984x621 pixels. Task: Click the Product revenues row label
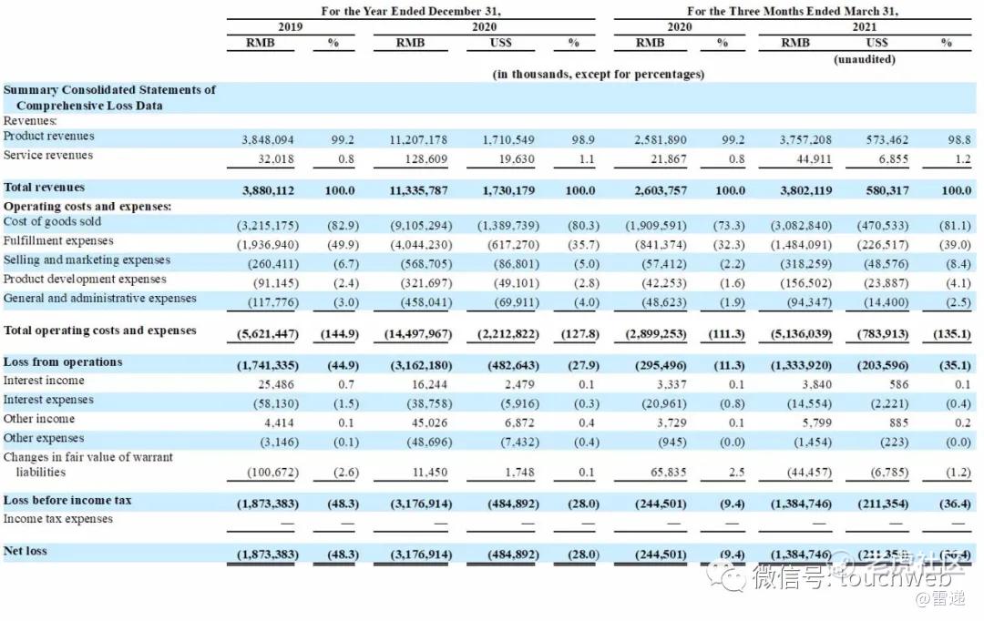click(49, 137)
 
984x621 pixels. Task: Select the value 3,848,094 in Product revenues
click(268, 140)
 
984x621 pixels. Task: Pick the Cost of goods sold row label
click(53, 222)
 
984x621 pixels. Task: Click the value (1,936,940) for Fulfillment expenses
click(267, 245)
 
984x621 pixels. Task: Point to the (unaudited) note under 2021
click(865, 59)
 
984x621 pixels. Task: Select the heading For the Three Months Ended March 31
click(792, 11)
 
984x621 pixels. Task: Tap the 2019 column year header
click(290, 26)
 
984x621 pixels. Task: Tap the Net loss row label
click(26, 551)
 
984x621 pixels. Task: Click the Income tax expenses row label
click(58, 519)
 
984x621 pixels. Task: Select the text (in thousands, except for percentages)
click(598, 74)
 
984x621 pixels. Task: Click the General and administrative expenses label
click(100, 299)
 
